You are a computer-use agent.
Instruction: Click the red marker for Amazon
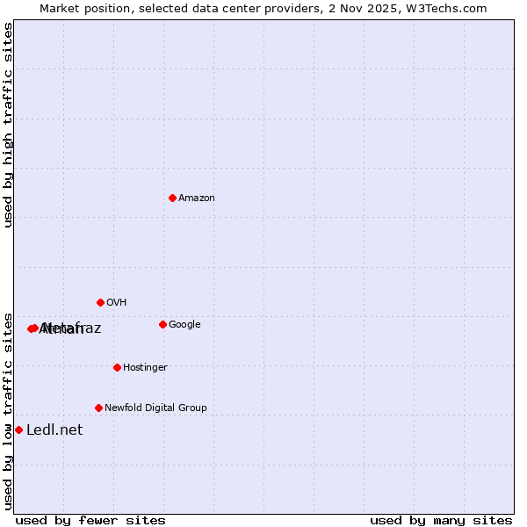click(172, 198)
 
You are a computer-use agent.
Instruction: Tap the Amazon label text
click(197, 199)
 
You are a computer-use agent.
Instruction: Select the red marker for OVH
click(100, 302)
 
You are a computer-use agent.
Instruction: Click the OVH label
click(117, 303)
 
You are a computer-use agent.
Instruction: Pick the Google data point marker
click(162, 324)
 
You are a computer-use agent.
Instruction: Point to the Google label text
click(184, 325)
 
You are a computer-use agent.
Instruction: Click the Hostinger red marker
click(117, 367)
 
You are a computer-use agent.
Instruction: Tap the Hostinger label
click(145, 368)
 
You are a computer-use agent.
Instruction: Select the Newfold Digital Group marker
click(98, 408)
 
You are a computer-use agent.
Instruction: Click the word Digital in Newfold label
click(160, 408)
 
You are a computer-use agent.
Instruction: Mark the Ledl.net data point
click(18, 430)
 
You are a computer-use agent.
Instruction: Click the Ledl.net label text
click(54, 430)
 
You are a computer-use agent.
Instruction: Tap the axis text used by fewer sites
click(91, 521)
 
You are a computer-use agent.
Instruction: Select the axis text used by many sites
click(441, 521)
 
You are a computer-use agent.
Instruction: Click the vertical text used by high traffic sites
click(8, 125)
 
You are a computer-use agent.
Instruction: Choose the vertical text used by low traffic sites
click(8, 410)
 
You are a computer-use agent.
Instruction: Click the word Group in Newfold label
click(193, 408)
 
